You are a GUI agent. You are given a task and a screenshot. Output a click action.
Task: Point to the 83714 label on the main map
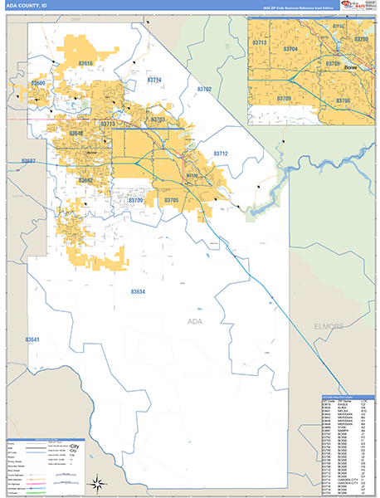[x=154, y=80]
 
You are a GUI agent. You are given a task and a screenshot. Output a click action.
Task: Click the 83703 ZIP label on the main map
[x=158, y=120]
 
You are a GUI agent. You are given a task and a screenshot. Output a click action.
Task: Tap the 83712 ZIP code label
[x=221, y=154]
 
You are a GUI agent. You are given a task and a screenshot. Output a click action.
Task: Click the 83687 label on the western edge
[x=28, y=160]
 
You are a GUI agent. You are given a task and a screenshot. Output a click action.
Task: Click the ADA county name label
[x=195, y=320]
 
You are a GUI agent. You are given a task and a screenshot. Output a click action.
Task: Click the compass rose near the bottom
[x=97, y=481]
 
